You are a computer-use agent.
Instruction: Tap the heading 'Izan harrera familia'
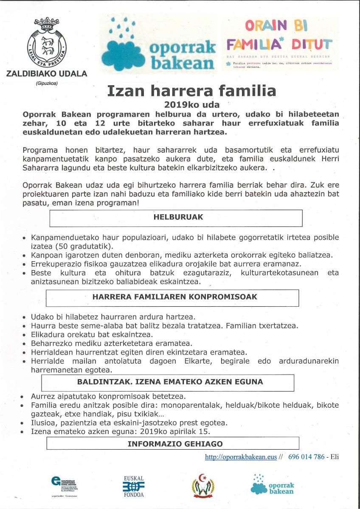point(191,90)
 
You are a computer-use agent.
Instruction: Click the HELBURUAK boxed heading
point(178,217)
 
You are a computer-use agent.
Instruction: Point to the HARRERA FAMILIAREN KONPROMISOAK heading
point(175,297)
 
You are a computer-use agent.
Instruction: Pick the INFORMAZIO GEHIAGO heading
point(175,444)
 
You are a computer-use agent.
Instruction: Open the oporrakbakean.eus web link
point(241,457)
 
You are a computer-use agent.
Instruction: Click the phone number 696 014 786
point(306,457)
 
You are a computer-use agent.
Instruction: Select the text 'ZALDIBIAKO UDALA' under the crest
point(47,74)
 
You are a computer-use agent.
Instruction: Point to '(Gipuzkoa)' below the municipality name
point(47,84)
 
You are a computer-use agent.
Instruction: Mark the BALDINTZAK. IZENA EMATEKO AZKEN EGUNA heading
point(170,382)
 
